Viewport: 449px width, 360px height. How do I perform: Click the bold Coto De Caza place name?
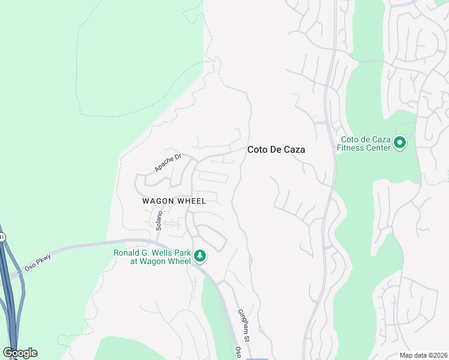click(276, 150)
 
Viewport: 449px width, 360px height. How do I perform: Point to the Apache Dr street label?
click(167, 163)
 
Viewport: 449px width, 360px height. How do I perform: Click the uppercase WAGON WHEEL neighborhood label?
click(174, 201)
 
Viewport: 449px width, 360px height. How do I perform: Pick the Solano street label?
click(160, 220)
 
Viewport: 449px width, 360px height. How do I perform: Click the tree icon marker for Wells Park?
click(200, 256)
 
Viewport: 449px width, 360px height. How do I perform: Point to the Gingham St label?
click(244, 326)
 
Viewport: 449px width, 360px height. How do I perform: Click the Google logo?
click(20, 353)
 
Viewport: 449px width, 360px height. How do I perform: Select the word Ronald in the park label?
click(127, 253)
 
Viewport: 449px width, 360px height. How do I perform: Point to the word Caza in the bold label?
click(294, 150)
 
